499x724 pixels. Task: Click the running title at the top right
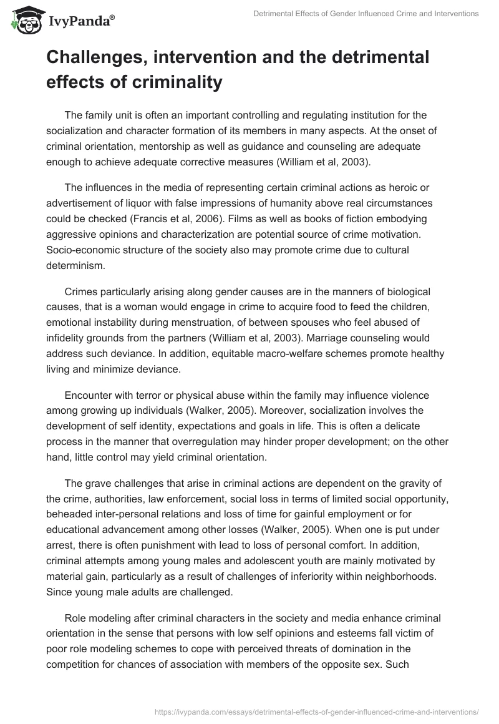click(x=366, y=14)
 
